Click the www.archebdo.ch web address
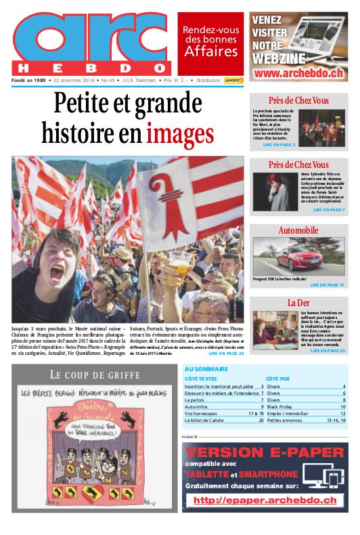click(x=298, y=72)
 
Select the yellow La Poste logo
click(x=233, y=80)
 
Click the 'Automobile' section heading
click(x=298, y=231)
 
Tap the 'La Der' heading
click(x=298, y=302)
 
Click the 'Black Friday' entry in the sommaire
click(x=280, y=406)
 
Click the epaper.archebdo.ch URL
click(x=265, y=500)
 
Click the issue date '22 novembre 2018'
click(x=73, y=80)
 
